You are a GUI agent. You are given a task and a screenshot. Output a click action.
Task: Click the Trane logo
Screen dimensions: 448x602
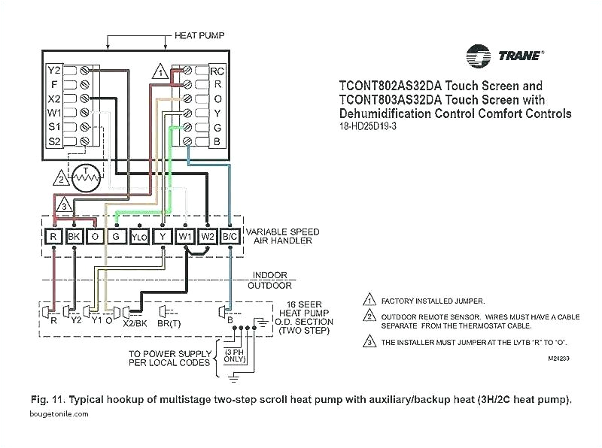click(x=505, y=56)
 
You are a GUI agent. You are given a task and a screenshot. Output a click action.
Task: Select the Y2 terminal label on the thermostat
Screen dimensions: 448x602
click(x=53, y=70)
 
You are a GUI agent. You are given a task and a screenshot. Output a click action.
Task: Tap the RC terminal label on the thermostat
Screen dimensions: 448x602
click(x=217, y=71)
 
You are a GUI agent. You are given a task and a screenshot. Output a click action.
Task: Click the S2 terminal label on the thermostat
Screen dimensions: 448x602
click(x=53, y=141)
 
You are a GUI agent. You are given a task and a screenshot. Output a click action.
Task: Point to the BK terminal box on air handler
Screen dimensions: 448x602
click(x=74, y=236)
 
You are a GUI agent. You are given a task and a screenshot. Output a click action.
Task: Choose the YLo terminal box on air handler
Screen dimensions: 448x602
click(x=139, y=237)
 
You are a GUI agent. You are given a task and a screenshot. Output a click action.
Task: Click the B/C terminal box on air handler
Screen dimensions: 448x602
click(x=232, y=236)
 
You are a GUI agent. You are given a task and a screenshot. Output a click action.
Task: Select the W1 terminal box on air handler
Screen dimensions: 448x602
click(x=185, y=236)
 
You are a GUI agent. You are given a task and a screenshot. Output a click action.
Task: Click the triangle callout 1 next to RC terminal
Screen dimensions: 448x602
click(x=159, y=73)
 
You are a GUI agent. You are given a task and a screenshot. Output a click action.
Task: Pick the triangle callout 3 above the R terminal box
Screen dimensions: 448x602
click(x=65, y=205)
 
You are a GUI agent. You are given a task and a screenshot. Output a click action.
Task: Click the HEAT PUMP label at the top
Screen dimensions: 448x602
click(x=199, y=35)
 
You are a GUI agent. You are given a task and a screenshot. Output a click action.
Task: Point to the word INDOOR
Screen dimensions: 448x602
click(x=270, y=275)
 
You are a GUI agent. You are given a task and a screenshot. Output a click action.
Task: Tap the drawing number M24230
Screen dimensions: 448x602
click(x=558, y=359)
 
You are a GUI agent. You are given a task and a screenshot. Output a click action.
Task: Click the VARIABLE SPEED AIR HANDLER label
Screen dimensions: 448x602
click(x=282, y=236)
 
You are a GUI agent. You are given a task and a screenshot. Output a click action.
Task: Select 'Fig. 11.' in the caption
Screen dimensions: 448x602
click(x=49, y=399)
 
